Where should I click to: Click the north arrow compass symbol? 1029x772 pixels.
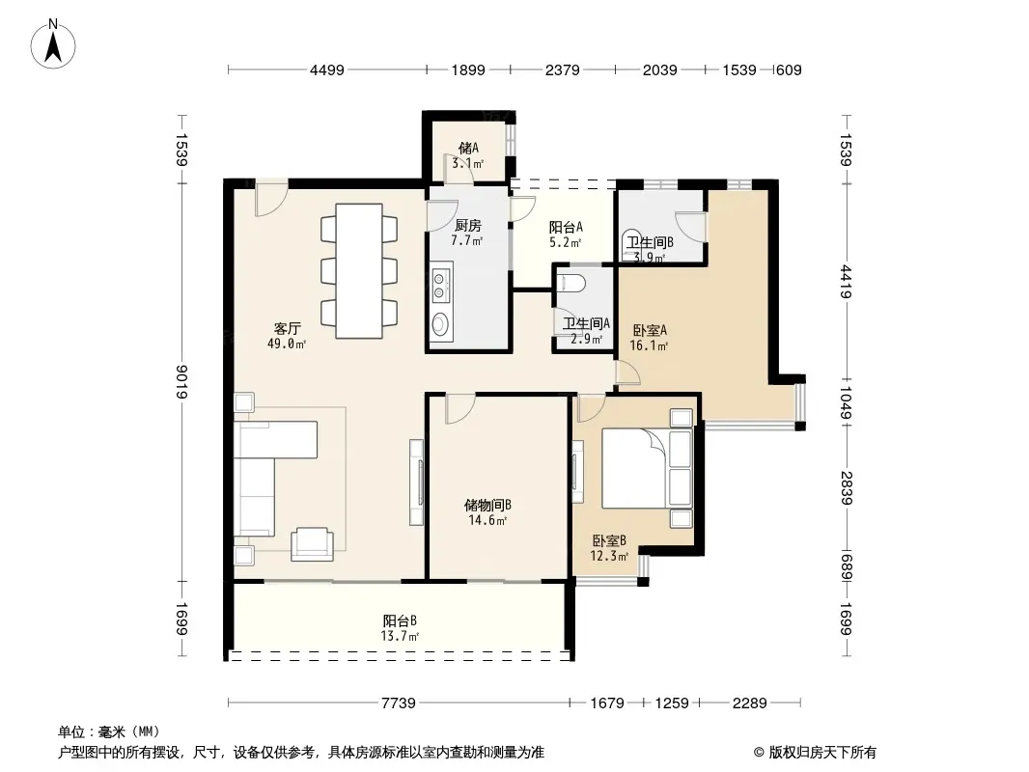tap(53, 44)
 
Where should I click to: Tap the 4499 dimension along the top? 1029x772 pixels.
tap(327, 69)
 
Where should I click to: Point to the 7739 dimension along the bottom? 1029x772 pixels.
tap(399, 703)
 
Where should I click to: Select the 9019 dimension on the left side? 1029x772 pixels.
tap(182, 382)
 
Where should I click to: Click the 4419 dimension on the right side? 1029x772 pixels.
tap(846, 282)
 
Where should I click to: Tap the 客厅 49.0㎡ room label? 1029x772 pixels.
tap(287, 335)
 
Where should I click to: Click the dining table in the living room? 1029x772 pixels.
tap(359, 271)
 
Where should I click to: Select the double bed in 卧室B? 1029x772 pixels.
tap(647, 468)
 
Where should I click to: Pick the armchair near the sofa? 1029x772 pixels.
tap(312, 544)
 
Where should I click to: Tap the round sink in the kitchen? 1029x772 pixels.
tap(440, 323)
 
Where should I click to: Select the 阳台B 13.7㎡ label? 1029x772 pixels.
tap(400, 627)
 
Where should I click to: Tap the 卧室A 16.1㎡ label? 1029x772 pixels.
tap(649, 338)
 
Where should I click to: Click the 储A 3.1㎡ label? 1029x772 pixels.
tap(468, 155)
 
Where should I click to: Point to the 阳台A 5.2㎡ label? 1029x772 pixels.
tap(566, 234)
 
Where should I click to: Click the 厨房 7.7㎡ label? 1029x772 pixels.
tap(467, 233)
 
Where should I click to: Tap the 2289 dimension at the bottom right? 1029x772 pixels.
tap(749, 703)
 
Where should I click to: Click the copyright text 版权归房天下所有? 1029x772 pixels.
tap(822, 753)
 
